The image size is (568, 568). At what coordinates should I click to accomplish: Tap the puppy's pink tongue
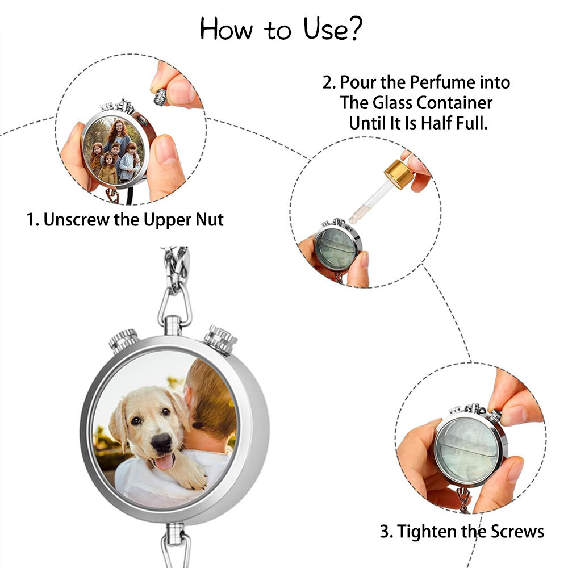click(x=165, y=461)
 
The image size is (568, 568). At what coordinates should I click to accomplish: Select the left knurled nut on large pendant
click(x=123, y=340)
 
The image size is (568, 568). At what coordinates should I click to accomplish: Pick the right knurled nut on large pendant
click(x=221, y=339)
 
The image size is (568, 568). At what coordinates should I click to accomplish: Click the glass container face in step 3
click(x=468, y=446)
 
